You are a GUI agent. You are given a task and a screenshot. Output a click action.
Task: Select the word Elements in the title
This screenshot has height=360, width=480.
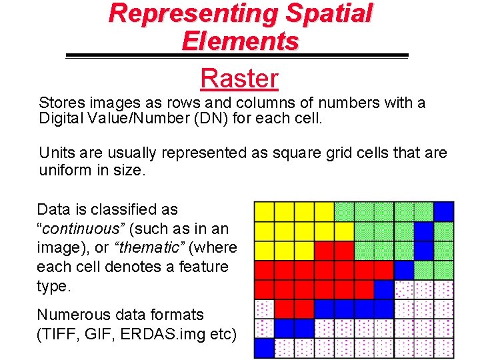point(240,41)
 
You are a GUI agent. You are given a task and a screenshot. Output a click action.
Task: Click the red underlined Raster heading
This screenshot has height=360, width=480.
point(239,79)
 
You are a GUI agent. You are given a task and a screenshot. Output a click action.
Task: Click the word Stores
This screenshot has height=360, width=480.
point(61,103)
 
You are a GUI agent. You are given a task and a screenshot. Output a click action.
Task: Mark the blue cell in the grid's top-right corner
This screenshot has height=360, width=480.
point(443,211)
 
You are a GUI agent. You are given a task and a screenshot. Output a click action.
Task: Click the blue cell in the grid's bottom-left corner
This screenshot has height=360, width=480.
point(265,347)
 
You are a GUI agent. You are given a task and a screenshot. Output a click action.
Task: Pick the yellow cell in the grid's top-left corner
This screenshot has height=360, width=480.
point(265,211)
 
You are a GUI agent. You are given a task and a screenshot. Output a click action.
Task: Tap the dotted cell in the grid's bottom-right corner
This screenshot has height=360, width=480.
point(443,347)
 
